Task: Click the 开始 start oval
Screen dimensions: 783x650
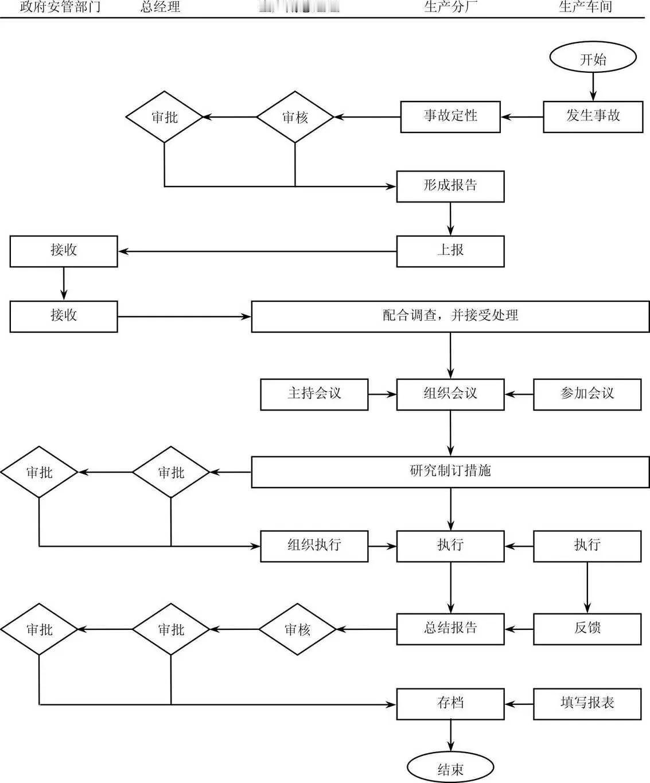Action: click(593, 59)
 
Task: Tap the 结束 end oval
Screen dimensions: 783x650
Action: click(450, 768)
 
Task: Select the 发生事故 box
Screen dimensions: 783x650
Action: click(593, 116)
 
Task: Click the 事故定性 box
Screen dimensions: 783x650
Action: click(450, 116)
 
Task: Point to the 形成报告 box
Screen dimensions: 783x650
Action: click(450, 186)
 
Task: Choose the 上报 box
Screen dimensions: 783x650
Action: click(450, 251)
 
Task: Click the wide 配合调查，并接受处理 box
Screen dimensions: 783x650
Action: click(450, 316)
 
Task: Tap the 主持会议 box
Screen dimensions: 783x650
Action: click(314, 394)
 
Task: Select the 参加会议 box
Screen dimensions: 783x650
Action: click(587, 394)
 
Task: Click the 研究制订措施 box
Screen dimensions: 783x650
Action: click(450, 472)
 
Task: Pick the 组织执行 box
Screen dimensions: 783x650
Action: click(314, 546)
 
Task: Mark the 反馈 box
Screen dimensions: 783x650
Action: click(587, 629)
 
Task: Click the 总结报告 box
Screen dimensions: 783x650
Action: click(450, 629)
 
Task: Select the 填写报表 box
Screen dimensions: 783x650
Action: click(587, 704)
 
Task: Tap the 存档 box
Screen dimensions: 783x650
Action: click(450, 704)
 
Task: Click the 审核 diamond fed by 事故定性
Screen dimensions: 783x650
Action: click(295, 117)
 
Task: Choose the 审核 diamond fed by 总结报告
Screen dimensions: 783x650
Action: click(297, 629)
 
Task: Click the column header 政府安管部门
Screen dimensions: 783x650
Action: click(60, 7)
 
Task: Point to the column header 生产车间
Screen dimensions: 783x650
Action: click(585, 7)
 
